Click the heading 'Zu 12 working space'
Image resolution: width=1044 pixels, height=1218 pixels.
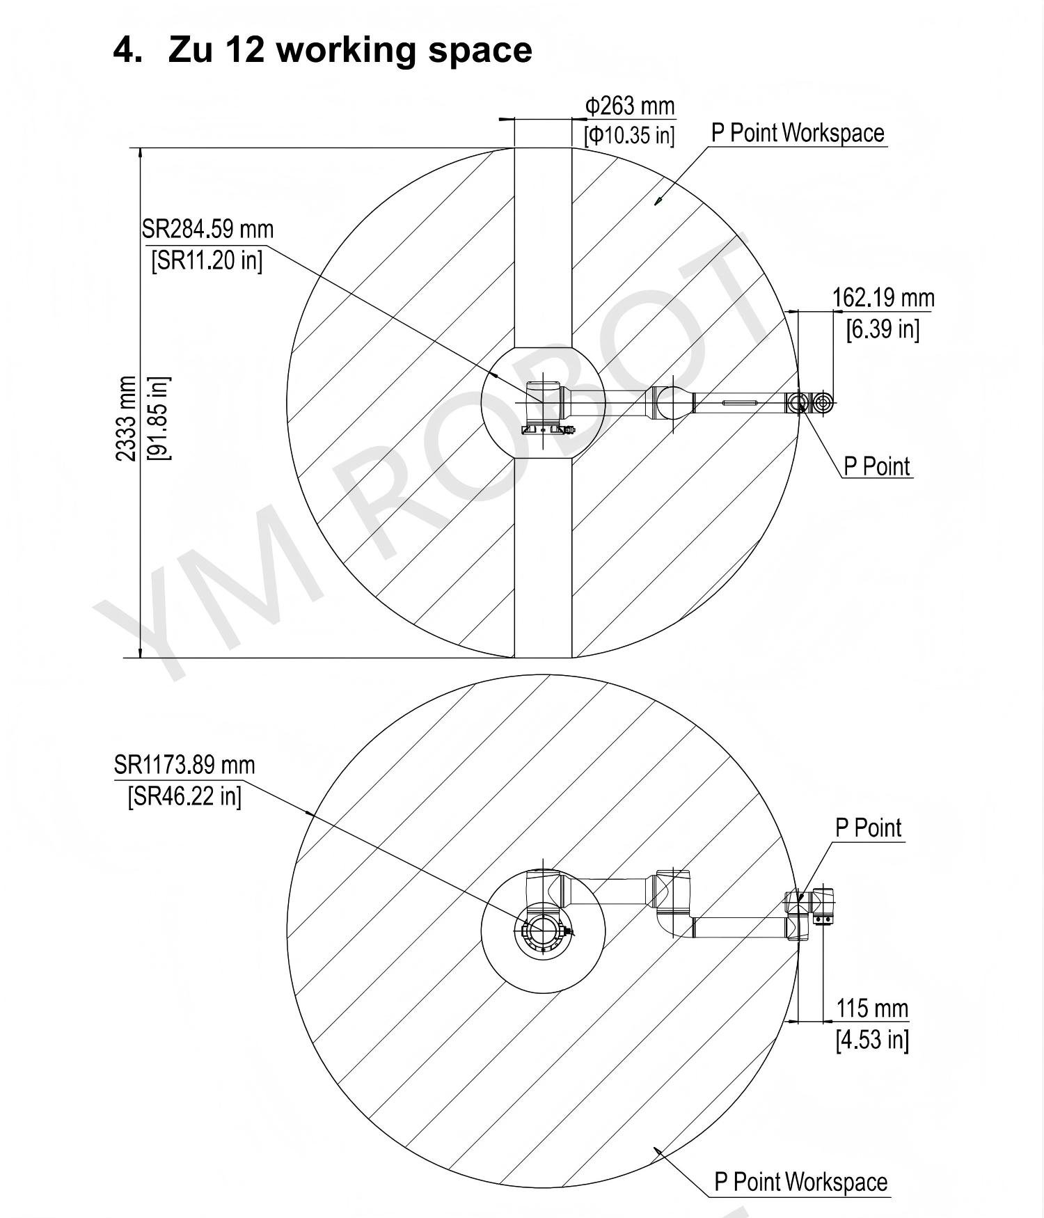pyautogui.click(x=349, y=49)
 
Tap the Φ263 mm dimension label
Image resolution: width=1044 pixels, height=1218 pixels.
pyautogui.click(x=629, y=106)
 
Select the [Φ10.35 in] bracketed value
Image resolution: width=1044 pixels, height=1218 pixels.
pyautogui.click(x=629, y=134)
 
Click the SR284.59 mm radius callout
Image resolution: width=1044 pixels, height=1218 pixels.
pyautogui.click(x=207, y=229)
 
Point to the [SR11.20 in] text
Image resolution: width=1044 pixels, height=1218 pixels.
pyautogui.click(x=207, y=260)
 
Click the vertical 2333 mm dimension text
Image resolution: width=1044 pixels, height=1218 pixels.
pyautogui.click(x=127, y=418)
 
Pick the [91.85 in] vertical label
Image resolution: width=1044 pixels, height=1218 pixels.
pyautogui.click(x=158, y=418)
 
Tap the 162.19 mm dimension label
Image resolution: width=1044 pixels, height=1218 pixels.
pyautogui.click(x=883, y=298)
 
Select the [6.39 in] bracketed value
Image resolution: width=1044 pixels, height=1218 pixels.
pyautogui.click(x=883, y=329)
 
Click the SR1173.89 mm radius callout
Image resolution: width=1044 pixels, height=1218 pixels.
pyautogui.click(x=184, y=765)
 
